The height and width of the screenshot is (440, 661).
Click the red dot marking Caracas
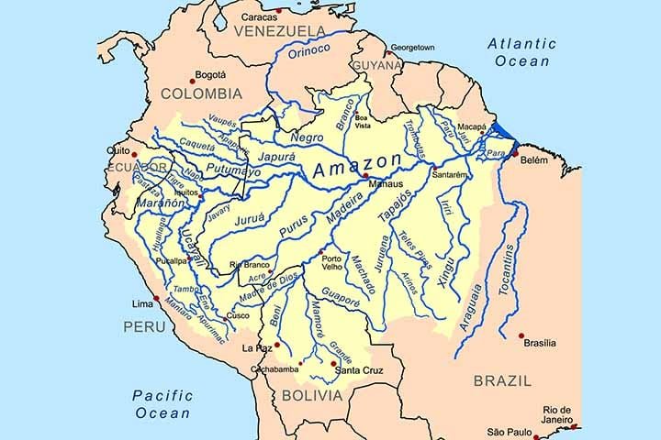click(279, 11)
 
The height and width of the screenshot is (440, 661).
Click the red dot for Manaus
click(365, 175)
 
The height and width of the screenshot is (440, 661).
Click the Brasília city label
click(540, 343)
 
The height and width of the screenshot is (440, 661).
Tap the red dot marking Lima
click(157, 298)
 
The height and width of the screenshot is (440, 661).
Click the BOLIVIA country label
click(311, 396)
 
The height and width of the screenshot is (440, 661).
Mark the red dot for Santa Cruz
click(332, 363)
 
